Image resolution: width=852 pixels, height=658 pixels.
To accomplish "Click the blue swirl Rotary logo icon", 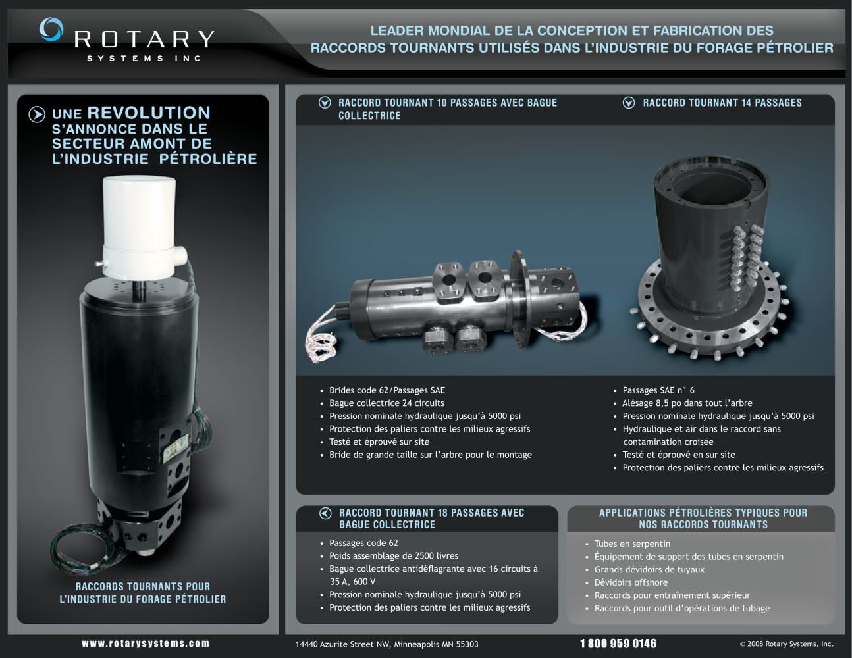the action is tap(51, 29).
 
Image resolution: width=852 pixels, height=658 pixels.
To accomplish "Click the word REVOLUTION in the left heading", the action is tap(149, 113).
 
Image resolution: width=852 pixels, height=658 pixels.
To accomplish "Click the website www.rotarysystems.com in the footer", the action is tap(146, 644).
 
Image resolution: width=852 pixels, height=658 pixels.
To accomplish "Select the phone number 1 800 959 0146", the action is tap(618, 644).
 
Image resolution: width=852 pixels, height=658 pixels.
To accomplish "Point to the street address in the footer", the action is tap(386, 644).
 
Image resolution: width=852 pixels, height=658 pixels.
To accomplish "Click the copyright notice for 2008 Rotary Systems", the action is tap(787, 644).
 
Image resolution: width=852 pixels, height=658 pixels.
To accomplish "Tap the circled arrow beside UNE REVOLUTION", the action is tap(37, 114).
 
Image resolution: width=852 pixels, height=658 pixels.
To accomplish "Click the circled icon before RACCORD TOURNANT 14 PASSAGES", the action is tap(629, 103).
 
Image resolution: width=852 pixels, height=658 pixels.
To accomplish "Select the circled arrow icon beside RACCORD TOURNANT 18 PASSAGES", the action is tap(325, 513).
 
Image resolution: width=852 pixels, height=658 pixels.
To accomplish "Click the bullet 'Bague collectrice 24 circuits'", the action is tap(386, 403).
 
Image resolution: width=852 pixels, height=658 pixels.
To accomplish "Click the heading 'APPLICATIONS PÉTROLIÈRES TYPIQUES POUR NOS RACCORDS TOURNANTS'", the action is tap(703, 519).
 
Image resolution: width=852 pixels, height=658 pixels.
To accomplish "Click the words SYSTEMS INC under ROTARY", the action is tap(144, 59).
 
